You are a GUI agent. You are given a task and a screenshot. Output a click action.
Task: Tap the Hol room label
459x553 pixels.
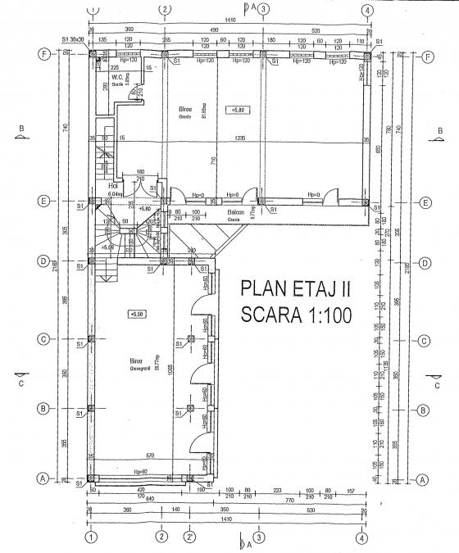click(113, 185)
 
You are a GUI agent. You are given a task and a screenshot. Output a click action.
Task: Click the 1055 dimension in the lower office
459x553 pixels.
click(170, 368)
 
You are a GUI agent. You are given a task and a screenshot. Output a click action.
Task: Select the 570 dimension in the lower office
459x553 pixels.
click(150, 456)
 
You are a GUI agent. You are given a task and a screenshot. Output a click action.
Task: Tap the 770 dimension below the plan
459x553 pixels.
click(289, 498)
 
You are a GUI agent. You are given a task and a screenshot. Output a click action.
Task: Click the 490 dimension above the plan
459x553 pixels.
click(212, 29)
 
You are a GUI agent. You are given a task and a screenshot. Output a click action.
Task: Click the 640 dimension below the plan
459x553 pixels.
click(128, 498)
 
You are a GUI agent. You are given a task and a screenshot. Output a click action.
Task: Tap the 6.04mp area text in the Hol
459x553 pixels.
click(116, 194)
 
